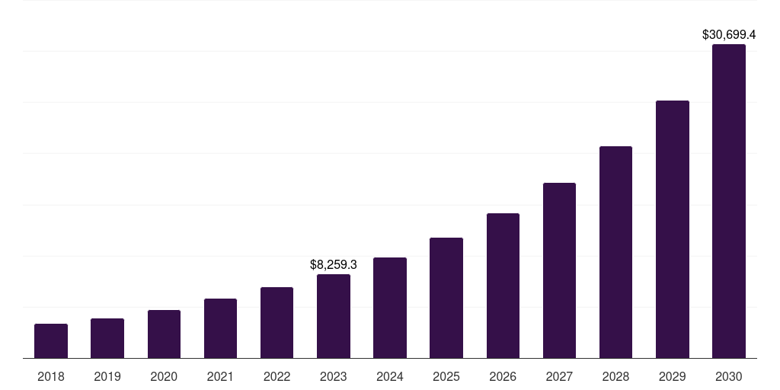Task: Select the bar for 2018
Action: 51,340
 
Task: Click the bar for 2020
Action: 164,334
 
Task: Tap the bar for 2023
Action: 334,316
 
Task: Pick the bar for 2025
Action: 446,298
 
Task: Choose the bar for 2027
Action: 559,270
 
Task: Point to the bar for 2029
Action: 673,229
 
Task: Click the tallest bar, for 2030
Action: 729,201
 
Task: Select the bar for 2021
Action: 220,328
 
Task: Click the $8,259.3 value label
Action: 334,265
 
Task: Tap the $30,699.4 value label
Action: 729,35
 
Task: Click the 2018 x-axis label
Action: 51,376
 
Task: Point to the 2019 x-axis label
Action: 107,376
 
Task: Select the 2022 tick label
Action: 277,376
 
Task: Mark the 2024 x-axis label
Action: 390,376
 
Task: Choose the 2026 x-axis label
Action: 503,376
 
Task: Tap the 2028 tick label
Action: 615,376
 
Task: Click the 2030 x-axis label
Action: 729,376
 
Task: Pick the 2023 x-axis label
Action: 334,376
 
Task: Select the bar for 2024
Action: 390,308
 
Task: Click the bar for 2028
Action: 615,252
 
